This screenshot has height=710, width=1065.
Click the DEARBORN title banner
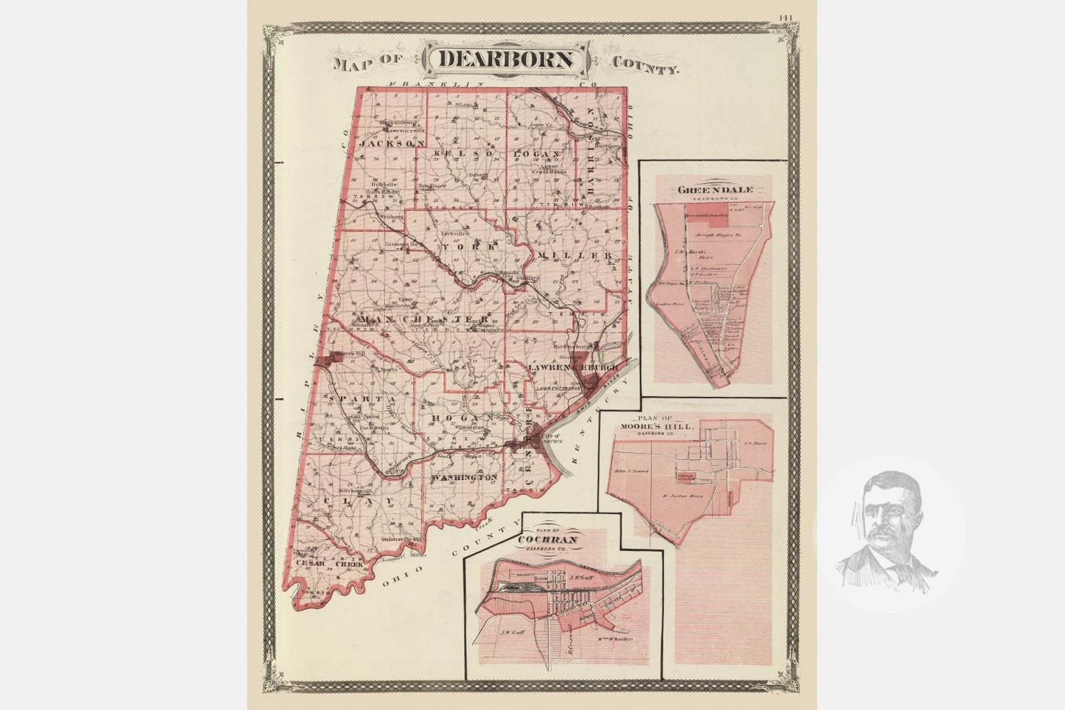pos(506,59)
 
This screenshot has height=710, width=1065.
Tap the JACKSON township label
pos(392,143)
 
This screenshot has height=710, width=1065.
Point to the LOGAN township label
pos(537,154)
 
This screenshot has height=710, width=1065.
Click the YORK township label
pos(469,247)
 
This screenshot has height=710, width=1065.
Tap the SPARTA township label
pos(363,399)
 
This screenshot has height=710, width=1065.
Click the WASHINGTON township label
pos(465,477)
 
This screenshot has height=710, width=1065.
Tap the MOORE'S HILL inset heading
pos(667,426)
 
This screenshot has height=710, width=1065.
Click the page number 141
pos(787,17)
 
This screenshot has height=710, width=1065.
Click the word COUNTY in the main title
pos(645,64)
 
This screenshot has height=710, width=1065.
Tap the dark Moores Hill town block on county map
pos(331,361)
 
